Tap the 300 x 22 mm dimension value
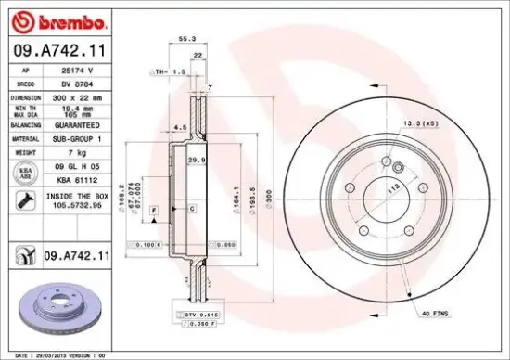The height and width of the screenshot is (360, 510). [75, 96]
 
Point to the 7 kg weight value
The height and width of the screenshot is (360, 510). [66, 151]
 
